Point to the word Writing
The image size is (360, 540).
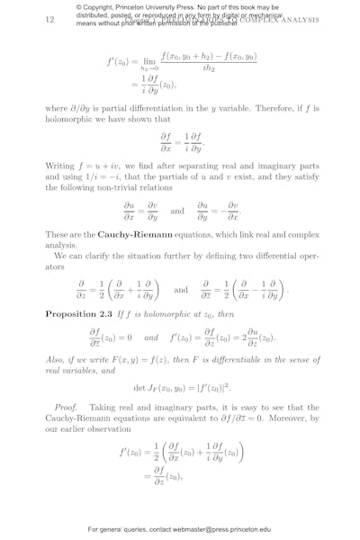(x=60, y=166)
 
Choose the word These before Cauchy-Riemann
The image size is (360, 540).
(x=58, y=234)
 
